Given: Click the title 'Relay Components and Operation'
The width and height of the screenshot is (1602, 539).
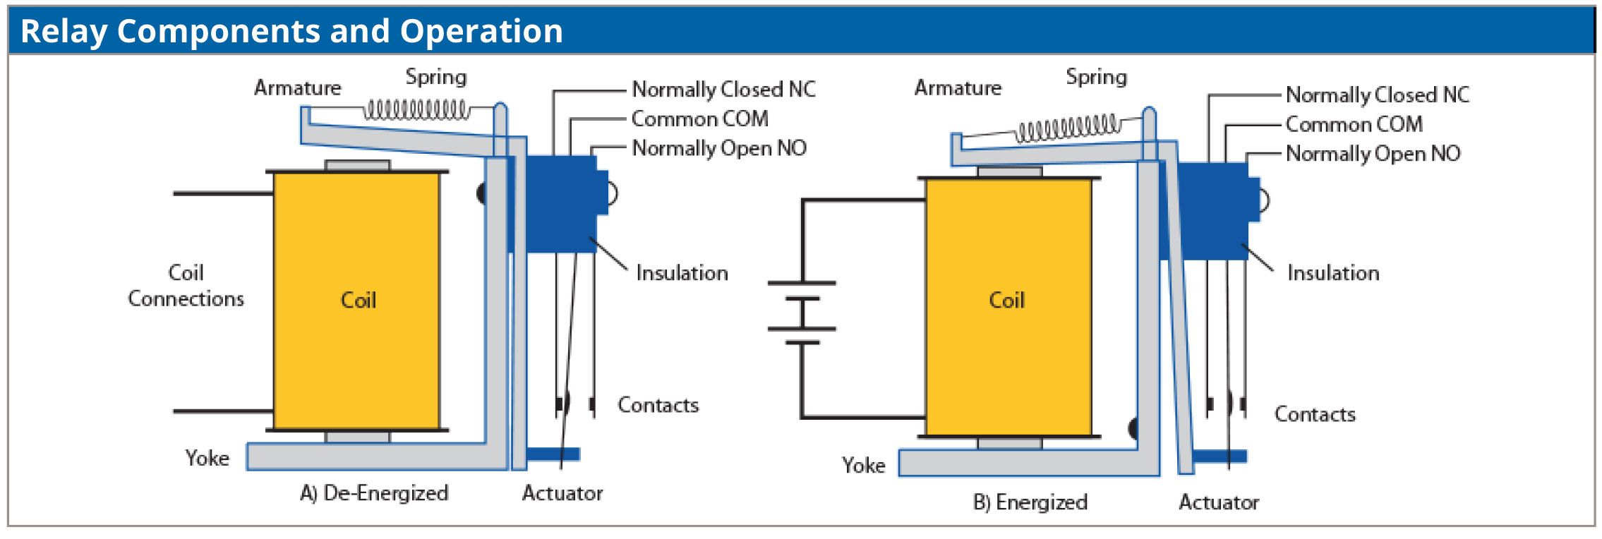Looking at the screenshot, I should click(x=291, y=31).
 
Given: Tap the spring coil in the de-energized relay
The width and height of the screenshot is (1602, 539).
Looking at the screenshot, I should click(x=416, y=111).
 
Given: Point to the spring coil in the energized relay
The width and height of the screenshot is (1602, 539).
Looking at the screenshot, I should click(x=1067, y=128).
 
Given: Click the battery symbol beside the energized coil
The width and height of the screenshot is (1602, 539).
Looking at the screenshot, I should click(x=802, y=313).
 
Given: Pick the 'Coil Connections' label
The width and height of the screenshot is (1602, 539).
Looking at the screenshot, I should click(x=186, y=286).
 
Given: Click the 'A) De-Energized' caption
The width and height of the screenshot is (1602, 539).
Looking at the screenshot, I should click(x=374, y=492).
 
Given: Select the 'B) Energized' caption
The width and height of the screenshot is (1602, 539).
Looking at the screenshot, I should click(x=1030, y=502).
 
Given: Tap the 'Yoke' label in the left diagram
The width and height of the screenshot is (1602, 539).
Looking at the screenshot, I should click(x=207, y=458).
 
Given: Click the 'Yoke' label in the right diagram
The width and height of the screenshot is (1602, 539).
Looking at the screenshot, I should click(x=863, y=465).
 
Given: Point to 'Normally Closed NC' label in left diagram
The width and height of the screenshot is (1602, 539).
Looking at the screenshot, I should click(x=723, y=89).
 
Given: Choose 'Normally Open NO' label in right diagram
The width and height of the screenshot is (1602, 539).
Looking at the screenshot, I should click(x=1373, y=153).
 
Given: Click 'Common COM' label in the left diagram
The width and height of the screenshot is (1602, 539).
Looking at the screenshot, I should click(x=699, y=119).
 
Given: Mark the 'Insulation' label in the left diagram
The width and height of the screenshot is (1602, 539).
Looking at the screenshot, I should click(x=682, y=272).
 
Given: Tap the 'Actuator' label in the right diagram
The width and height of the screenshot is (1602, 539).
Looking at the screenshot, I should click(x=1219, y=502).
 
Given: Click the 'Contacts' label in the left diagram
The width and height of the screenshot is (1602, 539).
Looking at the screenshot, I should click(x=658, y=404).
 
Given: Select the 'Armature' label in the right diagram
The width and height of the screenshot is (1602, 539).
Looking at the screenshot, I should click(x=958, y=87).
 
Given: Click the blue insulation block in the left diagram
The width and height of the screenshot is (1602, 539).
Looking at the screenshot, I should click(x=558, y=205).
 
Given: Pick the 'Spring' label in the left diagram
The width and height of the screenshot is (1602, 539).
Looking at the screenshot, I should click(x=435, y=76).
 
